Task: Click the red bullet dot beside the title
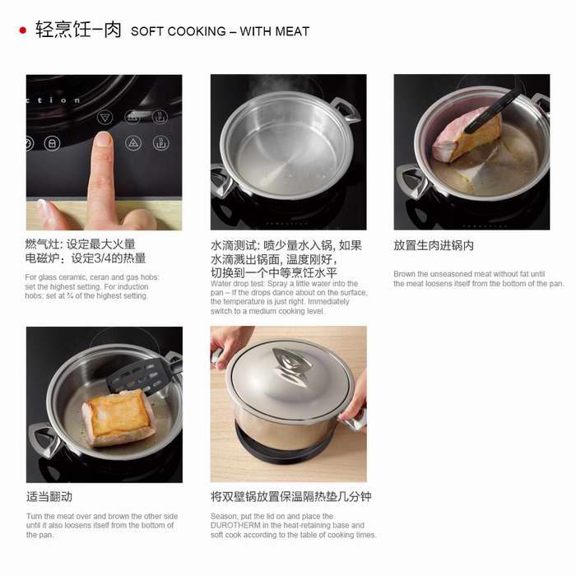tap(23, 30)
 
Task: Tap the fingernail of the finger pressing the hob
tap(103, 139)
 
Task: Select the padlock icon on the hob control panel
tap(52, 143)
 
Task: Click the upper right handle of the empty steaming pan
tap(346, 109)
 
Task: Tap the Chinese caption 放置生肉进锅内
tap(434, 245)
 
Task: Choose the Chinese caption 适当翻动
tap(49, 497)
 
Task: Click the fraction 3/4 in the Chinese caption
tap(102, 258)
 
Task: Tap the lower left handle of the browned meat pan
tap(41, 439)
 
